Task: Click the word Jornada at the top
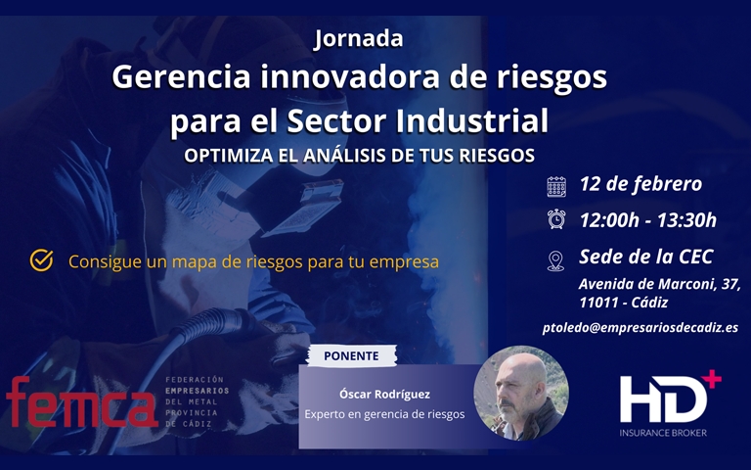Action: pyautogui.click(x=358, y=39)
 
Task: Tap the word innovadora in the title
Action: pyautogui.click(x=350, y=76)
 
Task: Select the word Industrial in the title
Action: pyautogui.click(x=471, y=120)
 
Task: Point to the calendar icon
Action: pyautogui.click(x=556, y=187)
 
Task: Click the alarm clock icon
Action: pyautogui.click(x=556, y=219)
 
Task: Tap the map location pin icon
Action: pyautogui.click(x=555, y=261)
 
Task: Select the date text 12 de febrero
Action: pyautogui.click(x=641, y=184)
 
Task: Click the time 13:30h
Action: pyautogui.click(x=686, y=220)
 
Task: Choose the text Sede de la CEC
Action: pyautogui.click(x=646, y=257)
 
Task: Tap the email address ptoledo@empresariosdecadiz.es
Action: pyautogui.click(x=641, y=328)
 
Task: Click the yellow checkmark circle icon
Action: pyautogui.click(x=42, y=260)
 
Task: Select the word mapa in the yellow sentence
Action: pyautogui.click(x=196, y=262)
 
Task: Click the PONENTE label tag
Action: pyautogui.click(x=352, y=355)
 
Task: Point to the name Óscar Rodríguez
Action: pyautogui.click(x=384, y=395)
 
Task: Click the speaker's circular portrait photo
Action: pyautogui.click(x=521, y=394)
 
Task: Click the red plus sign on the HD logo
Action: pyautogui.click(x=711, y=379)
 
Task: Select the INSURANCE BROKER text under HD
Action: pyautogui.click(x=663, y=433)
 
